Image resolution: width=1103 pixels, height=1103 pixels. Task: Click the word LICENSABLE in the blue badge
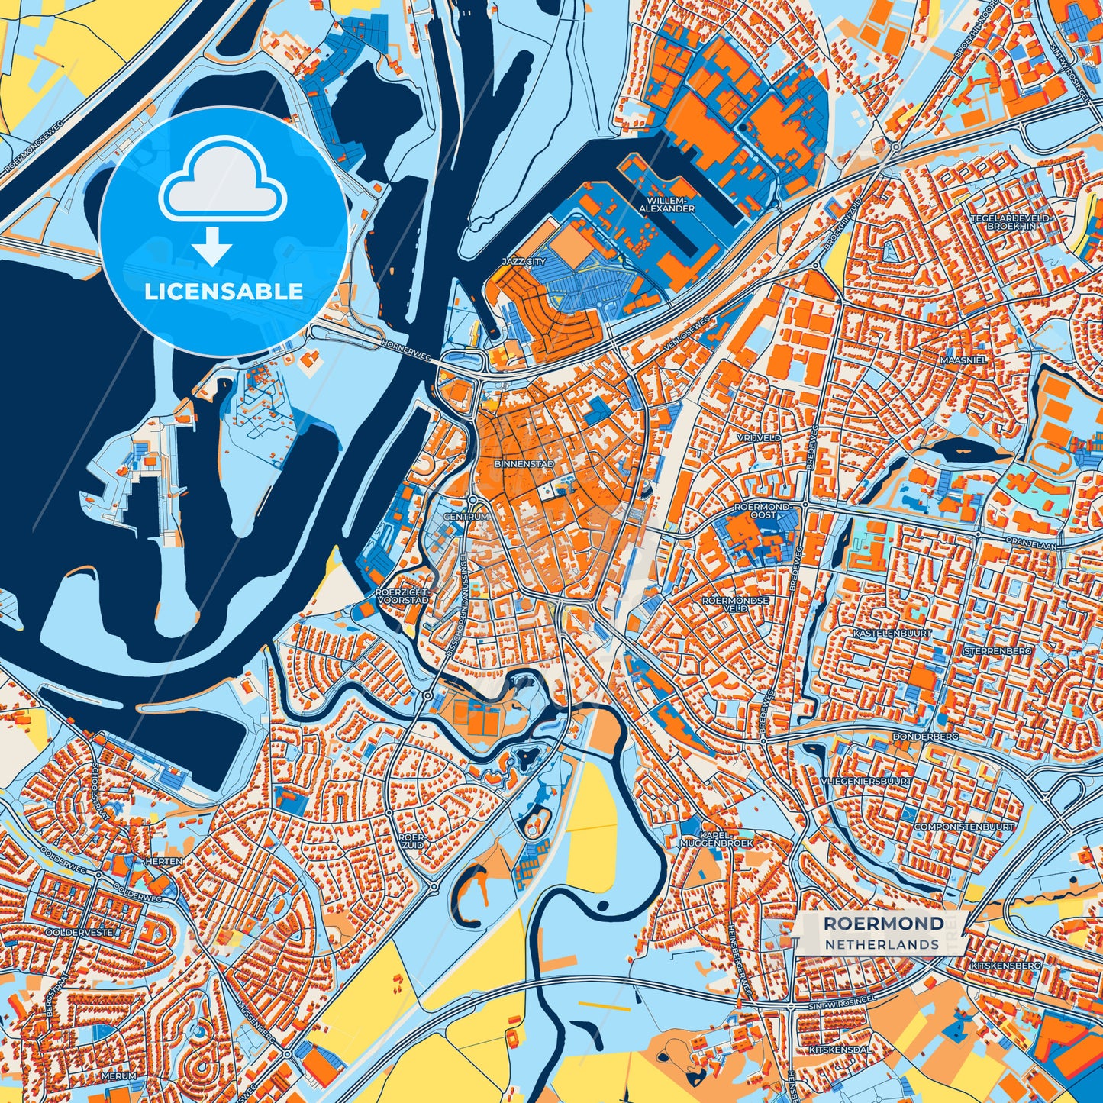coord(223,292)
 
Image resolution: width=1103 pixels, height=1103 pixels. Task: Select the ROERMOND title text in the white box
coord(883,924)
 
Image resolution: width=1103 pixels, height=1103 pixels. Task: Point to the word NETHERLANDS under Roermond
coord(882,944)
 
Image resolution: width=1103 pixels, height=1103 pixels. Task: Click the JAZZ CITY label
coord(524,261)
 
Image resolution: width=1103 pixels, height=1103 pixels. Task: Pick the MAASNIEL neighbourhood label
coord(965,359)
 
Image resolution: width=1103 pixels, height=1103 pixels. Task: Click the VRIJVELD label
coord(760,438)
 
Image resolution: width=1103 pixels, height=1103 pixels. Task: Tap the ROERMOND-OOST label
coord(764,511)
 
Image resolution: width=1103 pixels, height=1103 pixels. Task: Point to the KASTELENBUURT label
coord(882,634)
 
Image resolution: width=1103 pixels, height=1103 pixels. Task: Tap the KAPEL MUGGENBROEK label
coord(716,840)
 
